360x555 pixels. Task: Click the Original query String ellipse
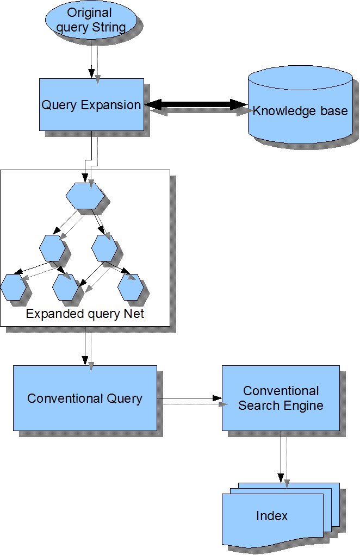(x=91, y=20)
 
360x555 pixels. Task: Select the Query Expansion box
(x=91, y=105)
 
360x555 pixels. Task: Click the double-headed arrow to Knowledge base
(x=196, y=104)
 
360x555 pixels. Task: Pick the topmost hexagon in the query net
(x=85, y=196)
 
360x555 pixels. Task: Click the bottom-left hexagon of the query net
(x=14, y=287)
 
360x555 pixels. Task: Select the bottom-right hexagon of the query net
(x=131, y=287)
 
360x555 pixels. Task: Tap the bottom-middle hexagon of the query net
(x=65, y=287)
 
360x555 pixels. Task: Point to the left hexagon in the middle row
(x=52, y=248)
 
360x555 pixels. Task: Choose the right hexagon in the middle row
(x=104, y=248)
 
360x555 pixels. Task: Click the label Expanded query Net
(x=85, y=314)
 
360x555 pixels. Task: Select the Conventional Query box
(x=85, y=398)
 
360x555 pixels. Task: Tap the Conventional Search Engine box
(x=281, y=398)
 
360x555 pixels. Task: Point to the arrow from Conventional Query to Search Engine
(x=189, y=398)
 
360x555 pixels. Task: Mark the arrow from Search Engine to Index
(x=281, y=457)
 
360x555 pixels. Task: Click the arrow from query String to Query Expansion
(x=91, y=59)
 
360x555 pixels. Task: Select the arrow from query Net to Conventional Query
(x=85, y=346)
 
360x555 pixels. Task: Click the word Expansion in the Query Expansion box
(x=111, y=105)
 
